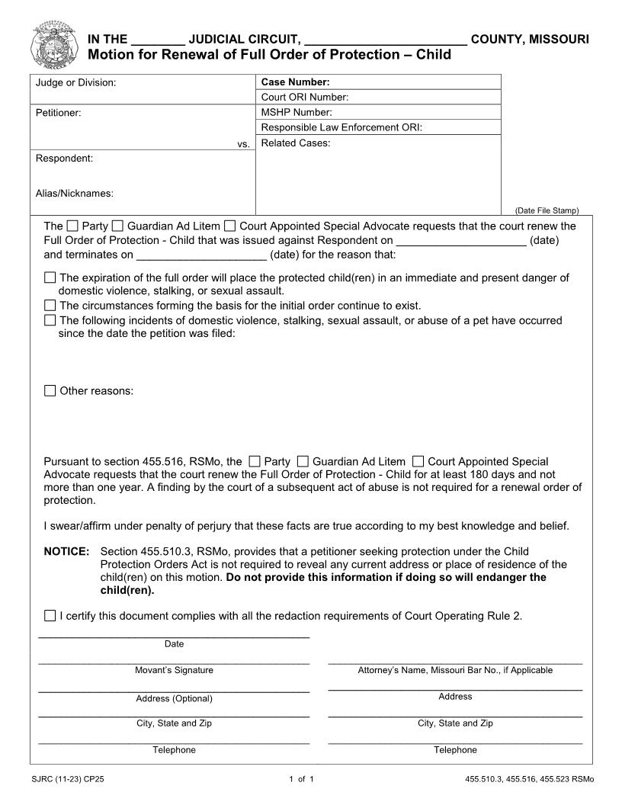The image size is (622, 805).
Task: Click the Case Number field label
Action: click(295, 82)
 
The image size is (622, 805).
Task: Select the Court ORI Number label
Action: click(304, 98)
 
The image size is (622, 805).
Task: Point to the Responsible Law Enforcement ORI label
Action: click(341, 128)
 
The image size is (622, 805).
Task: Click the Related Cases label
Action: click(295, 143)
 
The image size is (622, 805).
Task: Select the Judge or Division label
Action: click(76, 82)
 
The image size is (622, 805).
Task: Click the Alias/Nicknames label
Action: click(75, 194)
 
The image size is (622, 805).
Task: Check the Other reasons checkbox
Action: click(50, 391)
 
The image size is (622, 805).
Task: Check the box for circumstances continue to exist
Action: click(50, 306)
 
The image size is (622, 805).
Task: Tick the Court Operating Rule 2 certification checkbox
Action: click(50, 615)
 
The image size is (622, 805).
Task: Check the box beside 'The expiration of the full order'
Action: click(50, 278)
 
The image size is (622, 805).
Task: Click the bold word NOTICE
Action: click(67, 551)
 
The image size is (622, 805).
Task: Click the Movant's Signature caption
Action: click(174, 671)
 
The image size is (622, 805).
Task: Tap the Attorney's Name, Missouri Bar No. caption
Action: click(455, 671)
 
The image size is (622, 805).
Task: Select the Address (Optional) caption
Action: click(174, 699)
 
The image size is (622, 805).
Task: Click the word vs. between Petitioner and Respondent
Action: click(243, 144)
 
